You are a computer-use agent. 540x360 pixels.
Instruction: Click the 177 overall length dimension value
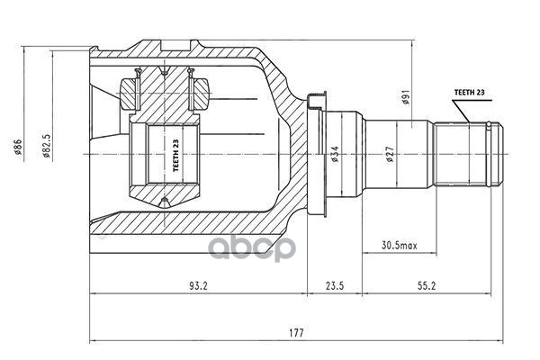296,332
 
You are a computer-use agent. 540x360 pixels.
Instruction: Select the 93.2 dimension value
198,286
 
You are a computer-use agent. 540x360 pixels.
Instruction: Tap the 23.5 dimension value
335,286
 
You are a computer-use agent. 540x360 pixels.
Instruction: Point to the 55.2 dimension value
427,286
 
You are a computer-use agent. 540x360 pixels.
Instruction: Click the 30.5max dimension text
399,246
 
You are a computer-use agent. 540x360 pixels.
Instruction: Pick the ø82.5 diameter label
47,145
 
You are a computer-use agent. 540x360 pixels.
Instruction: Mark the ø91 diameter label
406,97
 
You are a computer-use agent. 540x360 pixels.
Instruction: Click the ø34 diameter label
335,154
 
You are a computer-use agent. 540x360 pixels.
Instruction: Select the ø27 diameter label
390,154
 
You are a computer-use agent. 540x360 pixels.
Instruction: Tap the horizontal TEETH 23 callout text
469,93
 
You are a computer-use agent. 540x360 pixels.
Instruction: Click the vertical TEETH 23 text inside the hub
175,156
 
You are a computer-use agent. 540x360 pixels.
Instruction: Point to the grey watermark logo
252,248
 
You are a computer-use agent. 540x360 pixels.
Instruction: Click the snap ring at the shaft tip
489,154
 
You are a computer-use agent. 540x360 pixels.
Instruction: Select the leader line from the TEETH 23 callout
461,112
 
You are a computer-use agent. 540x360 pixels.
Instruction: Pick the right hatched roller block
198,94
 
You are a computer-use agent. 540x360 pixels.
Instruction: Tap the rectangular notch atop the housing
175,46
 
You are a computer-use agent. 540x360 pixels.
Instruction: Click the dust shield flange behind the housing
317,154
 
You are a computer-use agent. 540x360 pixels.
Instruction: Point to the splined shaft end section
468,154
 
